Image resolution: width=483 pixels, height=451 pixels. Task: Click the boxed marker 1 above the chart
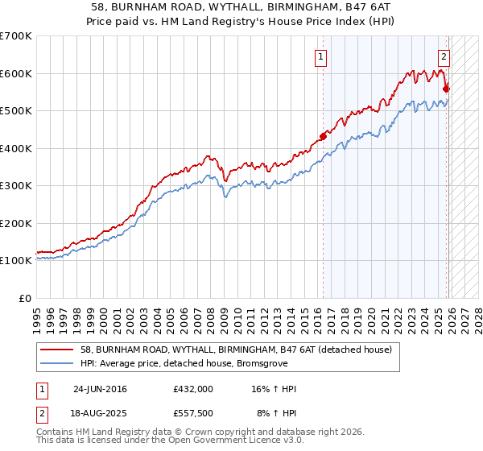point(320,56)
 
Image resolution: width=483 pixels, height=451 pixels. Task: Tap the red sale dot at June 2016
point(323,136)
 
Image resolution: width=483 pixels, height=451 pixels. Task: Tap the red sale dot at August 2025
point(446,89)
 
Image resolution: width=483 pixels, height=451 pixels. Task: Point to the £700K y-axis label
point(16,36)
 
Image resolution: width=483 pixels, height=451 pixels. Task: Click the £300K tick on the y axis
point(16,186)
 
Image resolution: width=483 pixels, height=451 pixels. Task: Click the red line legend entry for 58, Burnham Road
point(236,350)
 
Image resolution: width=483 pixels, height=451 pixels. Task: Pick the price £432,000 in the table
point(193,389)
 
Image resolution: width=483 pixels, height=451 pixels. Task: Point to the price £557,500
point(193,413)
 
